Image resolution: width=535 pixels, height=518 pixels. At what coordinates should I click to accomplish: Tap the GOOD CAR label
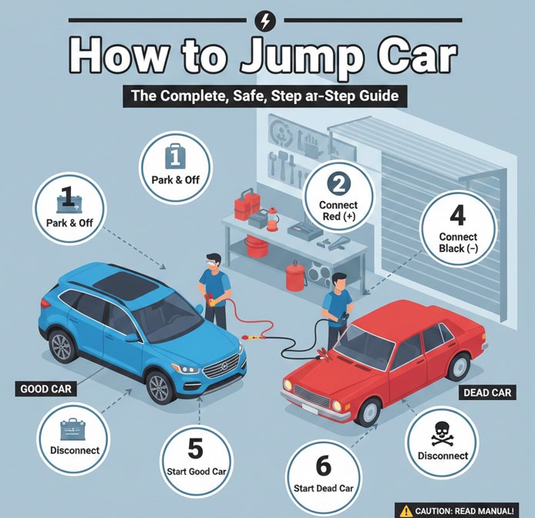click(x=44, y=389)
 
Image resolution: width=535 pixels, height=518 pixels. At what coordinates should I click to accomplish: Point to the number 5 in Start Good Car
click(x=195, y=449)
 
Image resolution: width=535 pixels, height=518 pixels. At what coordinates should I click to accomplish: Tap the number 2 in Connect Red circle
click(x=338, y=183)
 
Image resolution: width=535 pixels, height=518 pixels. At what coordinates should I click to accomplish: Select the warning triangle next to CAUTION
click(x=406, y=510)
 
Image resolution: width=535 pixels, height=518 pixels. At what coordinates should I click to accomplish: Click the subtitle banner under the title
click(x=267, y=98)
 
